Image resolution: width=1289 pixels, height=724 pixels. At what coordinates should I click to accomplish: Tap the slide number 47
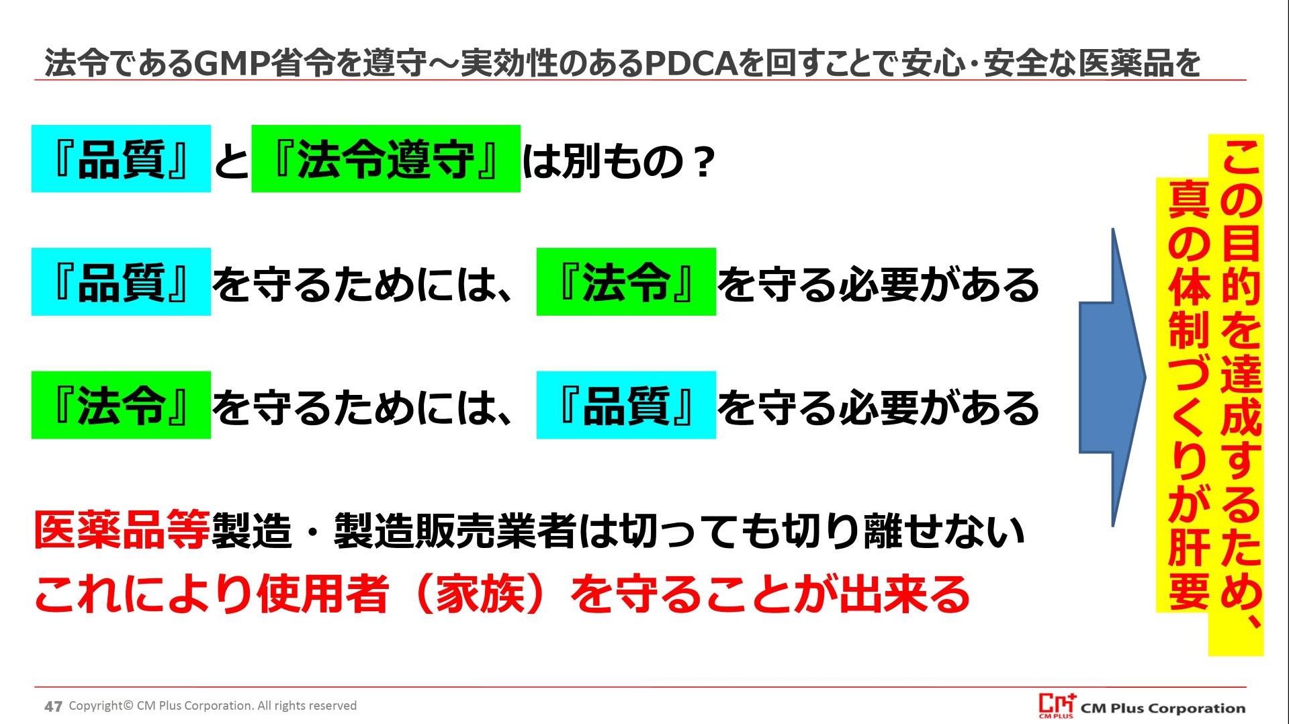point(53,706)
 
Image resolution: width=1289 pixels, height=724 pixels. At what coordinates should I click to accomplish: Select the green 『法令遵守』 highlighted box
point(386,159)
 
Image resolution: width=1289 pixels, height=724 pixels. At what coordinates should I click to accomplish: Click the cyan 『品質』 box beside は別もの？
point(121,159)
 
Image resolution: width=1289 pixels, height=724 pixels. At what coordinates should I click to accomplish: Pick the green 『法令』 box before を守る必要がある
point(626,282)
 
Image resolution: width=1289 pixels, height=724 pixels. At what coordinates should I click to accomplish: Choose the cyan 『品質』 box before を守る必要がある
point(626,405)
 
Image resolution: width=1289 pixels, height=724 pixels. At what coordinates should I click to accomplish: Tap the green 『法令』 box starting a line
point(121,405)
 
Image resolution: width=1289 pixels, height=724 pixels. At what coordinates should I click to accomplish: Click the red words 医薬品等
point(122,531)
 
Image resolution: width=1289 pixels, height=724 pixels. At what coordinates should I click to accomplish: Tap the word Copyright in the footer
point(96,706)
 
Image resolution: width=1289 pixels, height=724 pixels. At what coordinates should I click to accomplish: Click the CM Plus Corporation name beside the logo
point(1163,708)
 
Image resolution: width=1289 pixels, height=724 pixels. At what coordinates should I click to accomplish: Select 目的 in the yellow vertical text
point(1241,265)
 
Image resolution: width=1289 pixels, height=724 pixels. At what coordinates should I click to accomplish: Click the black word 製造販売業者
point(455,531)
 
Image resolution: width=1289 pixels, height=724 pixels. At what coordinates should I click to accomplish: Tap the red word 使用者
point(323,594)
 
